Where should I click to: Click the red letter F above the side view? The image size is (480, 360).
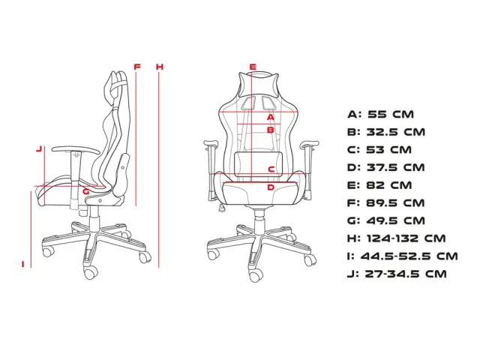point(137,67)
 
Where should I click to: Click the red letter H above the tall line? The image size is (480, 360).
point(160,67)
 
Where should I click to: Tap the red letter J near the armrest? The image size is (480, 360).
point(39,149)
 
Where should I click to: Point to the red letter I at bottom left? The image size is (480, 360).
point(23,264)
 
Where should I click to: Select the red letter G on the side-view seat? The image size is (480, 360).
point(86,192)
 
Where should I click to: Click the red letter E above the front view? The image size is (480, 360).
point(253,67)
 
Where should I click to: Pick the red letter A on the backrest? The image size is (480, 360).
point(271,117)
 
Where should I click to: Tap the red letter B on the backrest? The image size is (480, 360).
point(271,130)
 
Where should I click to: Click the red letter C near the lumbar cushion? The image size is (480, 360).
point(271,169)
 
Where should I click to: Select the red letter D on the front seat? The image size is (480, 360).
point(271,187)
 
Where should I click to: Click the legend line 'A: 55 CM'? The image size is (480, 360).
point(381,115)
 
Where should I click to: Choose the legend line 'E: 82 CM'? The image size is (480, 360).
point(379,185)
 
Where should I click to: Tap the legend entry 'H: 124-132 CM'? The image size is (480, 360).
point(397,238)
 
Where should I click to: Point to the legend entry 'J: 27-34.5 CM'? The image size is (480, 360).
point(397,274)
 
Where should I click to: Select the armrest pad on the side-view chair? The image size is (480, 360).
point(76,149)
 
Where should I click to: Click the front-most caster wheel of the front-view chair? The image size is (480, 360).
point(256,276)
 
